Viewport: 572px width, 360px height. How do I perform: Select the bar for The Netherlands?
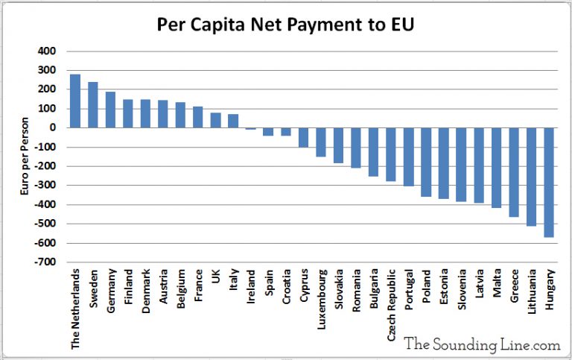75,101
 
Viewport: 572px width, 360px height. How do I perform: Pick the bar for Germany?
110,110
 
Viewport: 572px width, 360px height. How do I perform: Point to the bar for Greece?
514,172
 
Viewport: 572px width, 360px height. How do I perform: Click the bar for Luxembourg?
321,142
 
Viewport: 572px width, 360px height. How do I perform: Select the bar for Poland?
426,162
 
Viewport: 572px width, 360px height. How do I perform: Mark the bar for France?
198,117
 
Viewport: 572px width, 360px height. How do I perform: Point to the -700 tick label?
44,262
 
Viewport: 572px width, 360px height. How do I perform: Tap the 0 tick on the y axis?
54,128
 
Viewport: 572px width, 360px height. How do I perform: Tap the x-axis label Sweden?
93,285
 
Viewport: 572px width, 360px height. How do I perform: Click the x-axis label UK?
216,276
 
